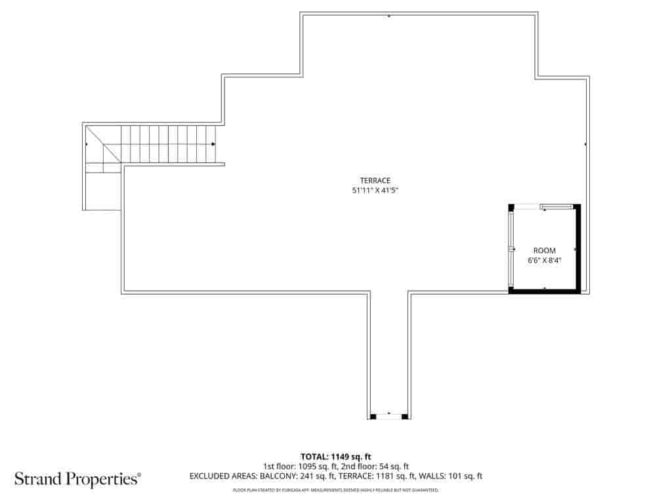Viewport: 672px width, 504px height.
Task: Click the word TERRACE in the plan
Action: (375, 180)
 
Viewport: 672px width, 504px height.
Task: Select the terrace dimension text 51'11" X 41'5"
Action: (375, 191)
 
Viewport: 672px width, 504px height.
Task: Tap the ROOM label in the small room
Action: (544, 251)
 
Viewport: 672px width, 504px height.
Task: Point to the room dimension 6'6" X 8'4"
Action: (544, 261)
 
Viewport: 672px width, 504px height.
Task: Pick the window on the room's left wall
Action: (512, 249)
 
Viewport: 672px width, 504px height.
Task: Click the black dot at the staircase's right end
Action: (213, 144)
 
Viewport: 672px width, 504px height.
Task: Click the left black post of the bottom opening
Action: (373, 415)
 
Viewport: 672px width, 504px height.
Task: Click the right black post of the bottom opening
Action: (405, 415)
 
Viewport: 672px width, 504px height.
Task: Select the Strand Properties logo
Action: (77, 479)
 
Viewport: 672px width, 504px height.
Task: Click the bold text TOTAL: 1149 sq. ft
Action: (336, 456)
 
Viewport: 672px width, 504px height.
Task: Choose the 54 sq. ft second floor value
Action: (394, 466)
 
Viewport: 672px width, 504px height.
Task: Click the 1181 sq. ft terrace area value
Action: (394, 476)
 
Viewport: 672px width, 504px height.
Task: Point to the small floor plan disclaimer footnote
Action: (336, 490)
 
